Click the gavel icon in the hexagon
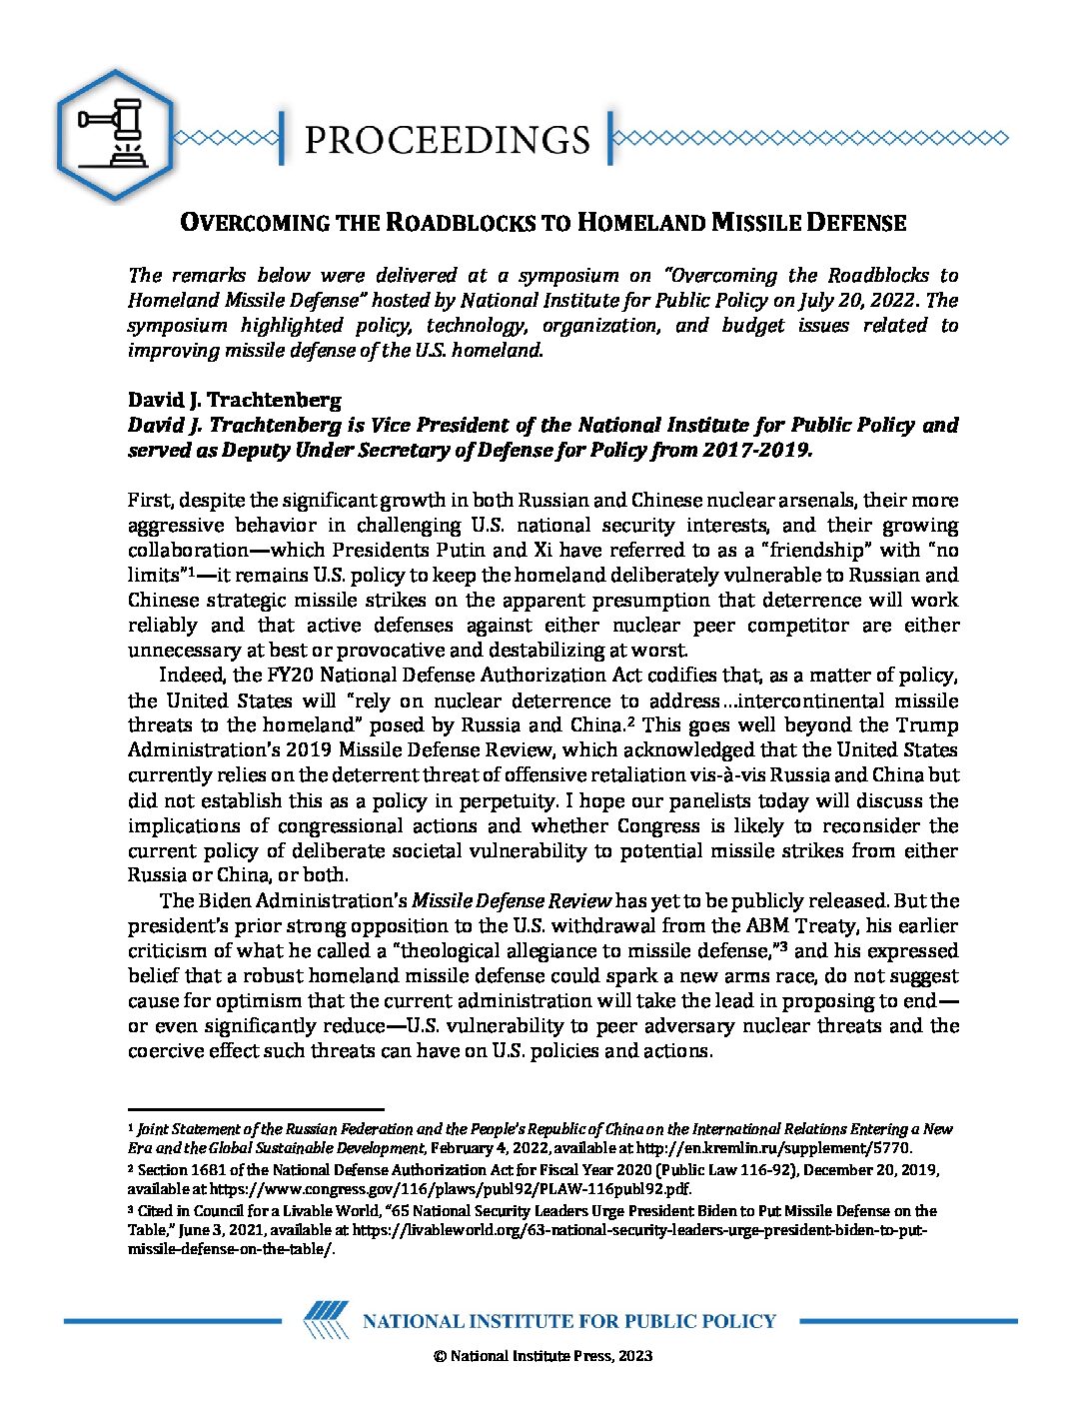click(x=114, y=133)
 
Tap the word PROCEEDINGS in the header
click(x=447, y=140)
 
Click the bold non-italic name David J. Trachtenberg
click(x=235, y=400)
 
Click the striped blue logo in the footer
click(x=326, y=1320)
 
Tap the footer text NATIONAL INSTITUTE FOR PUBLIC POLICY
click(x=568, y=1321)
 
